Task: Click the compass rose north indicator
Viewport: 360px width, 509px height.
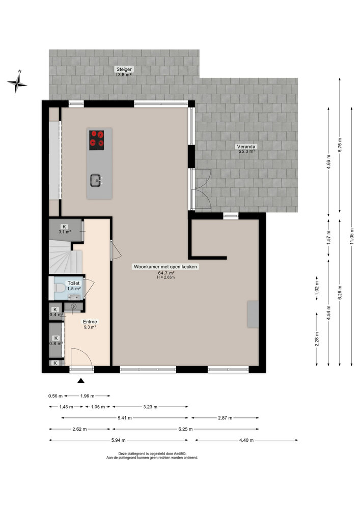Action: (x=17, y=83)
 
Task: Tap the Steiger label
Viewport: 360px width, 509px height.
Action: (x=124, y=69)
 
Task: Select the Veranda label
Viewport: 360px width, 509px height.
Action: (x=246, y=147)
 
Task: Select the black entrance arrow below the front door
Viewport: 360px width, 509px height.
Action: (x=81, y=380)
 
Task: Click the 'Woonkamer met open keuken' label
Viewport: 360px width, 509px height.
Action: (x=165, y=267)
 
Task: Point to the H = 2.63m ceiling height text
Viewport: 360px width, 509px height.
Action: (x=165, y=278)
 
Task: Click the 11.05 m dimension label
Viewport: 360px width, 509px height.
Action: (x=351, y=237)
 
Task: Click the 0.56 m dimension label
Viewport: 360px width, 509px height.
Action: (x=55, y=396)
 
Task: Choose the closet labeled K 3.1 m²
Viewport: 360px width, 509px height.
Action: (x=65, y=229)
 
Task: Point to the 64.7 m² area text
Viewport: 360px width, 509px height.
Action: (x=165, y=273)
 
